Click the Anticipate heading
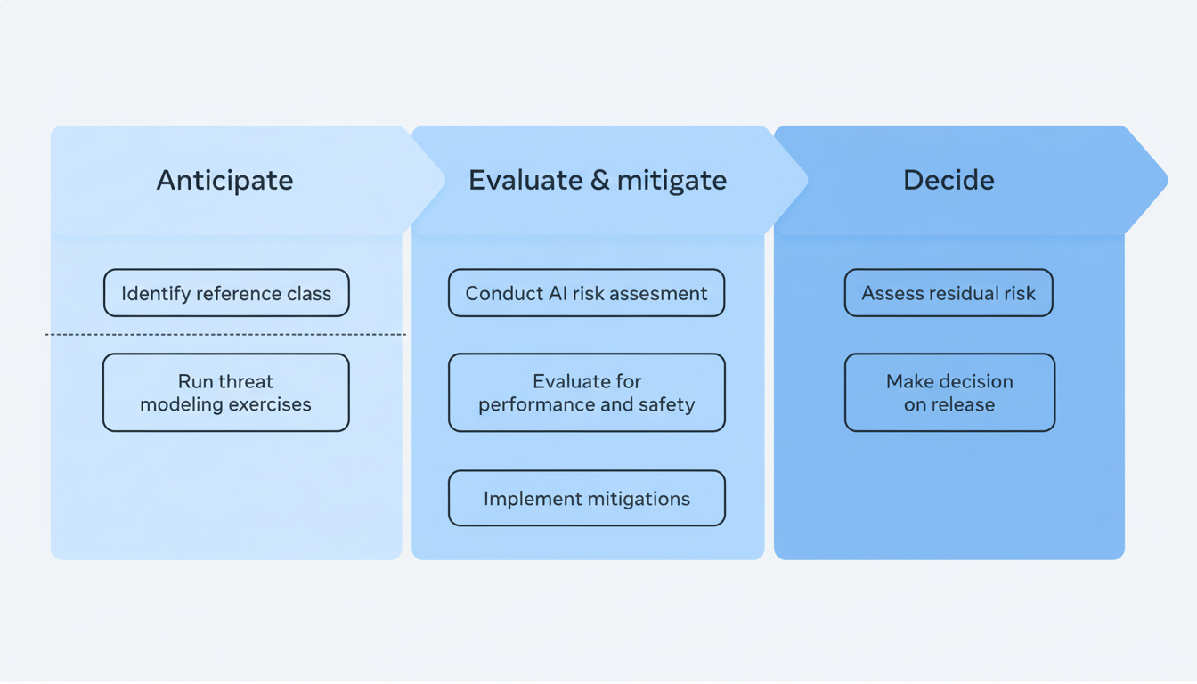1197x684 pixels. [x=224, y=180]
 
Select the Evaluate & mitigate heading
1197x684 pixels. [x=597, y=180]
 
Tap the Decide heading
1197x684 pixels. [x=949, y=180]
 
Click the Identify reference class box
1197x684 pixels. [x=226, y=293]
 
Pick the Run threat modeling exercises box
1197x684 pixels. [x=226, y=393]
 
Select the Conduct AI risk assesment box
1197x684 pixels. [x=586, y=293]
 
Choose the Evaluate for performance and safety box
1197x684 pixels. [x=586, y=393]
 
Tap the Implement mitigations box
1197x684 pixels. [x=586, y=499]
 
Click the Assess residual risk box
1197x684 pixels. [x=949, y=293]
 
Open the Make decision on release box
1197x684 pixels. [x=949, y=393]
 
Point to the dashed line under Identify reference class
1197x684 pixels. [x=226, y=335]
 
